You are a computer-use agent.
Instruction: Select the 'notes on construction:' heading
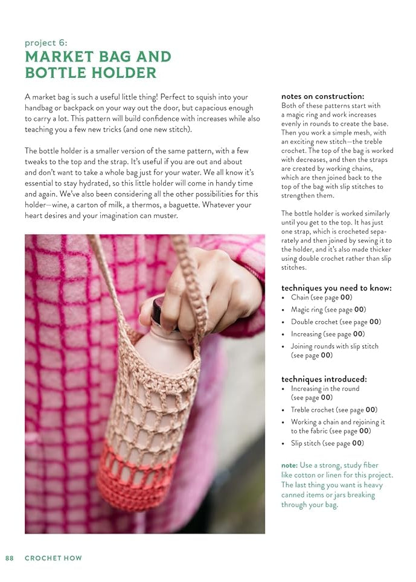click(x=322, y=96)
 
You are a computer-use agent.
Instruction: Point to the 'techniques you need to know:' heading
click(x=336, y=288)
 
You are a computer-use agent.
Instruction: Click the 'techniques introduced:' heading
click(x=324, y=379)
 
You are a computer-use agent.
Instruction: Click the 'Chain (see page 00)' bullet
click(x=321, y=298)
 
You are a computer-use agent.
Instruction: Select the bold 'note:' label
click(x=288, y=465)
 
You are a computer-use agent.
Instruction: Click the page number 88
click(x=10, y=558)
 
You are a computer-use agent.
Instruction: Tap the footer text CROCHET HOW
click(x=53, y=558)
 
